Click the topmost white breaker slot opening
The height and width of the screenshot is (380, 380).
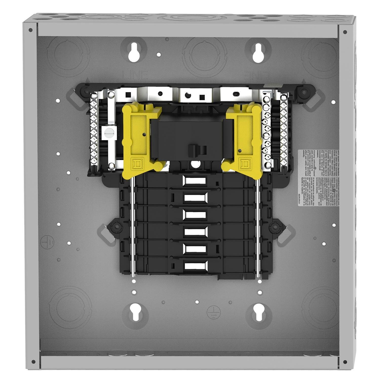coord(195,181)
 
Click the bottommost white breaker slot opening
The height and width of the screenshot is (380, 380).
coord(195,266)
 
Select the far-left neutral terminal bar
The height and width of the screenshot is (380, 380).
coord(94,129)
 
